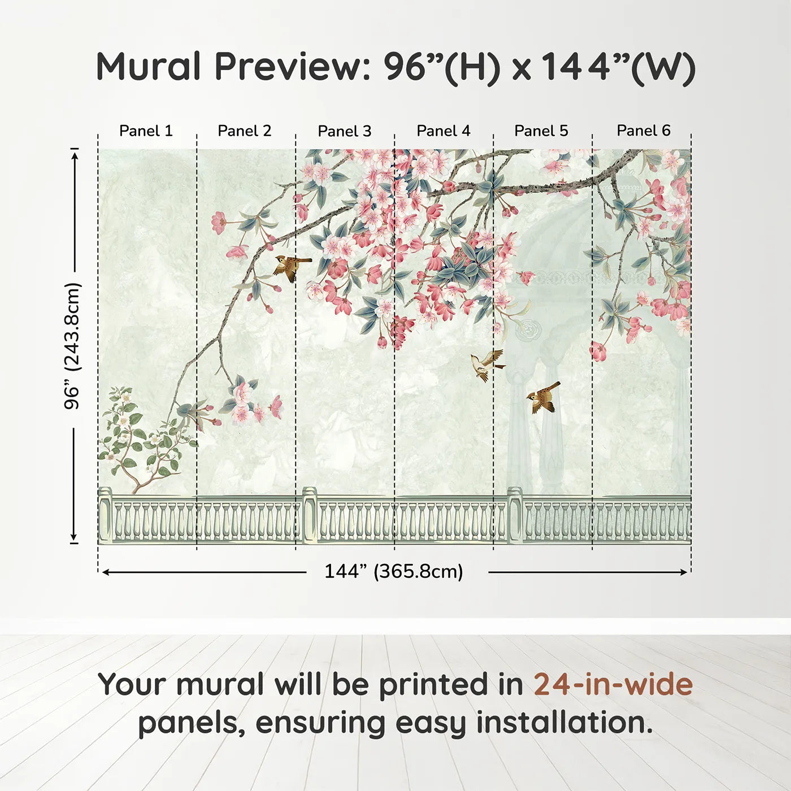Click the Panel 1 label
(146, 131)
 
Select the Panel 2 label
(244, 131)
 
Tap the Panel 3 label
(345, 131)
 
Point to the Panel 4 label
(444, 131)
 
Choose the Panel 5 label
(541, 131)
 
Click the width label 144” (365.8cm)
(394, 571)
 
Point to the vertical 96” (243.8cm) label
(72, 346)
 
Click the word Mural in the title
(148, 67)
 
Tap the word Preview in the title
(293, 67)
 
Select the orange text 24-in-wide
(613, 684)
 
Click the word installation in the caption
(564, 723)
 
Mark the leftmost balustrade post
(105, 516)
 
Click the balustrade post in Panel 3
(310, 516)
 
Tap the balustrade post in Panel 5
(515, 516)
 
